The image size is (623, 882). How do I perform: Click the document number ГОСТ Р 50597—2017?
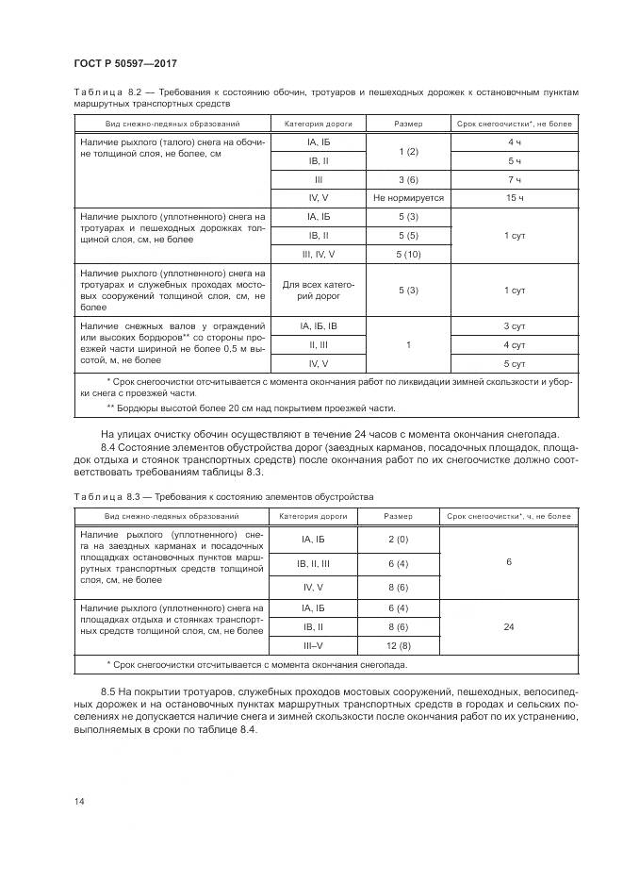click(125, 62)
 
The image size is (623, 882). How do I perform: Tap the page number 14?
click(78, 801)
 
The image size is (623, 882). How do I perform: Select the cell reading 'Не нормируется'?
click(408, 198)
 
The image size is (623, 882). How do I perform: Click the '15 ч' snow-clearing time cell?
click(515, 198)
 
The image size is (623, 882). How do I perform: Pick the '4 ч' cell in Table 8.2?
click(515, 141)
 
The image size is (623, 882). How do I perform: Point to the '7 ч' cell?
click(515, 179)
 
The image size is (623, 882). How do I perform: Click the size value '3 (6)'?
click(408, 179)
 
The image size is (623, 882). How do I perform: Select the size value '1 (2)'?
click(408, 151)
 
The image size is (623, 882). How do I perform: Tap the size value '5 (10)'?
click(408, 255)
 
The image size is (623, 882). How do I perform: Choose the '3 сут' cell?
click(515, 326)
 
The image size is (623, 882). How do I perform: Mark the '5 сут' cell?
click(515, 363)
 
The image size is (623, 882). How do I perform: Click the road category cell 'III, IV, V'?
click(319, 255)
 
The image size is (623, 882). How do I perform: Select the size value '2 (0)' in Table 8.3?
click(397, 539)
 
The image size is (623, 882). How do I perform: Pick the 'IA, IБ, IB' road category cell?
click(319, 326)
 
